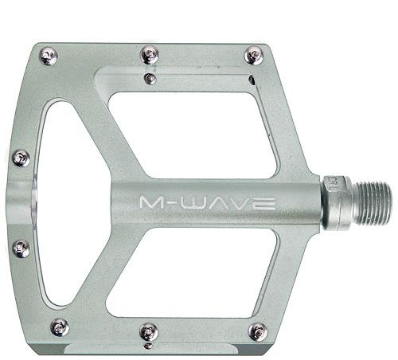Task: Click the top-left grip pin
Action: [49, 56]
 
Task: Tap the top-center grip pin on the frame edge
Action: [150, 55]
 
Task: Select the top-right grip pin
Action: [254, 56]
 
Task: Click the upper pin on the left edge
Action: [21, 158]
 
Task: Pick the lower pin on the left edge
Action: [21, 248]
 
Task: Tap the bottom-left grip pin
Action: [60, 327]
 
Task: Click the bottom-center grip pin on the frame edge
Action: [149, 332]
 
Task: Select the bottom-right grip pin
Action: [258, 332]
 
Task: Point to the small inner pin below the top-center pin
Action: [150, 79]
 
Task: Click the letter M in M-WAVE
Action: [154, 203]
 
